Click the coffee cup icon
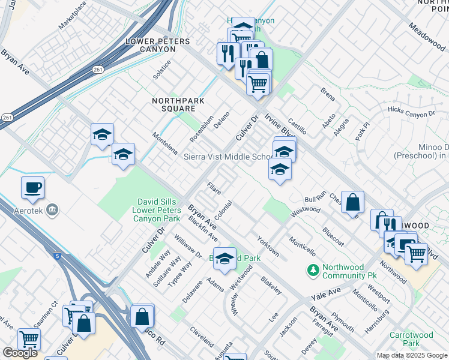[32, 187]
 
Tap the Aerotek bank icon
[52, 209]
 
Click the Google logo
[19, 353]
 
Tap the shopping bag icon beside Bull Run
[353, 202]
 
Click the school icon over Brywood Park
[224, 259]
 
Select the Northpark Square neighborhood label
[173, 104]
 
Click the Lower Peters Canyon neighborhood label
[157, 45]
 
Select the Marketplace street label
[72, 16]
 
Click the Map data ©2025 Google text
[411, 355]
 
